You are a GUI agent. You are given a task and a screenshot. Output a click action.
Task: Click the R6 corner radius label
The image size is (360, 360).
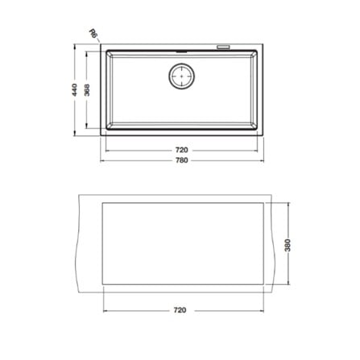tap(93, 33)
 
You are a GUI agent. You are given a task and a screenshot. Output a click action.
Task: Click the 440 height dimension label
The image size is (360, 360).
tap(75, 90)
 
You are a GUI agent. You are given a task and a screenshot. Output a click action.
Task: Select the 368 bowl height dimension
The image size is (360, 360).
tap(87, 90)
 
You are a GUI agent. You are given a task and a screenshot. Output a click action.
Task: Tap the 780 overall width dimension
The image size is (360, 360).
tap(182, 160)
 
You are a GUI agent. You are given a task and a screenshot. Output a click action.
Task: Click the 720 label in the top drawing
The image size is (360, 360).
tap(182, 150)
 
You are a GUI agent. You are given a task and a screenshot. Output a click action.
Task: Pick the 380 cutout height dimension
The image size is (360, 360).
tap(288, 245)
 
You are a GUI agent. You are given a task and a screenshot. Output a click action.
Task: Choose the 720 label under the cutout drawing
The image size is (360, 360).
tap(180, 310)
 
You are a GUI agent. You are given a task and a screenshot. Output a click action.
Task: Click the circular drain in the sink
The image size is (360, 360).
tap(182, 77)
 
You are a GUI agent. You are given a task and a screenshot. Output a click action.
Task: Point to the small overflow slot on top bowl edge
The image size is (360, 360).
tap(181, 52)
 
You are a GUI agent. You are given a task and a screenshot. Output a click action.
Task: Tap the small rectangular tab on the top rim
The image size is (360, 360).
tap(223, 48)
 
